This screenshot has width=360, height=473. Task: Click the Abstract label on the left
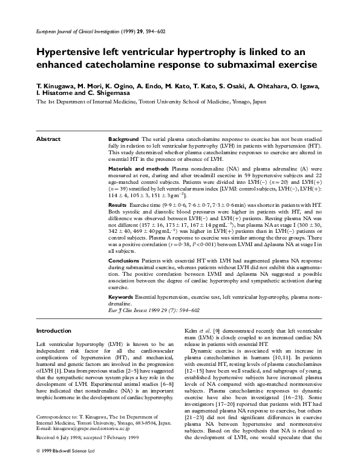tap(48, 139)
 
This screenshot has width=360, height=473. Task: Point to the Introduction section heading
tap(54, 331)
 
